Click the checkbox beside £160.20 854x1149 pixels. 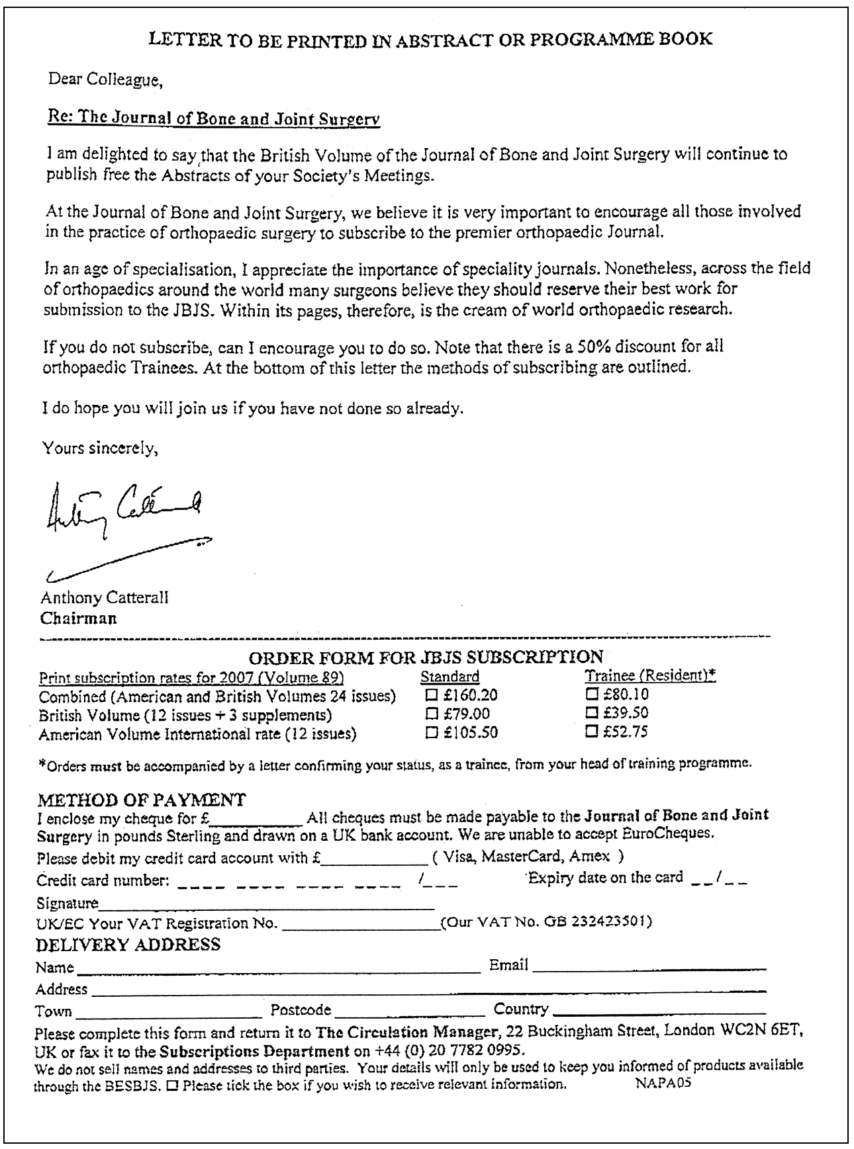click(x=432, y=695)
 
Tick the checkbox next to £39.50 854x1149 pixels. click(x=591, y=713)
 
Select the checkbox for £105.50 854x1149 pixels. click(x=432, y=732)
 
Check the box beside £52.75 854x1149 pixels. click(x=591, y=732)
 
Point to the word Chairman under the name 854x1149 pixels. click(x=78, y=618)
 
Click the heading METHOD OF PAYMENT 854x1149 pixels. click(x=142, y=800)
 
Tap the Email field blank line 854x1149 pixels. click(x=649, y=968)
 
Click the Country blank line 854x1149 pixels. click(x=659, y=1012)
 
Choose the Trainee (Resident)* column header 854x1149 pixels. click(x=650, y=676)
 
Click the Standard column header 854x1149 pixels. click(x=450, y=677)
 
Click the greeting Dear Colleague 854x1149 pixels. click(x=105, y=80)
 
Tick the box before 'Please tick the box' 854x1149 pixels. click(x=172, y=1085)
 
